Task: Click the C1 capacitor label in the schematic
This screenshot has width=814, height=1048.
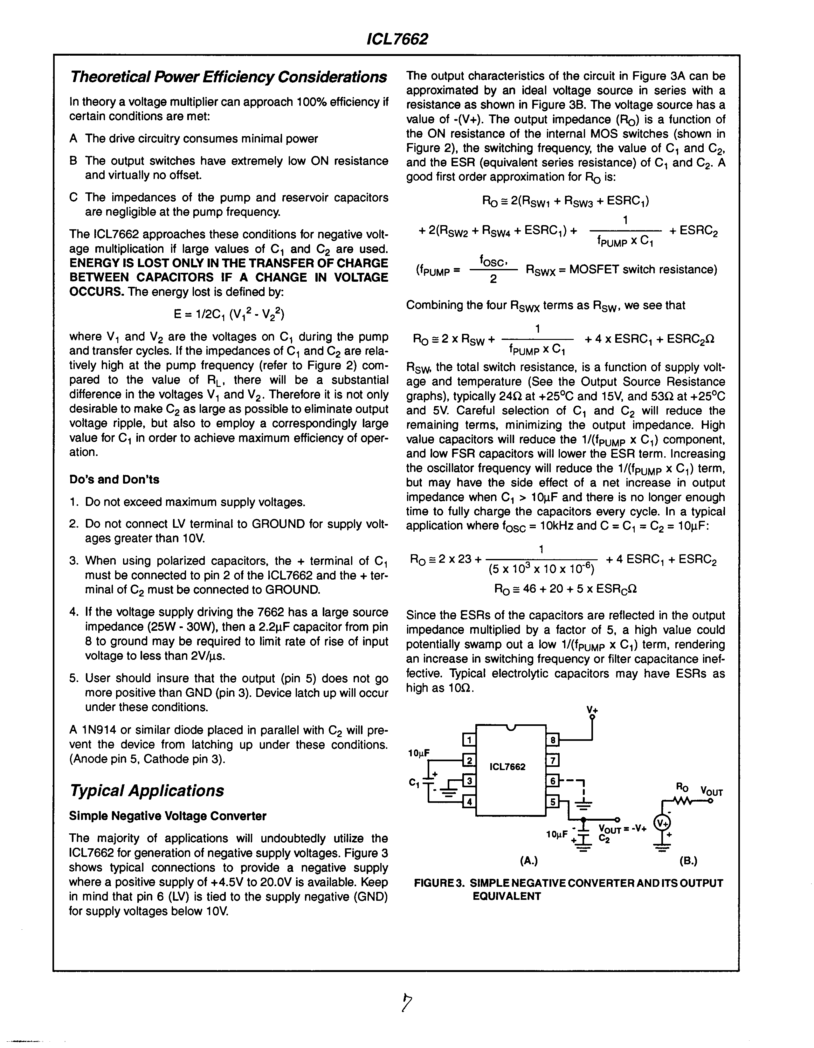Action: (x=414, y=783)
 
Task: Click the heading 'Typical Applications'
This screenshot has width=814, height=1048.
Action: (x=147, y=790)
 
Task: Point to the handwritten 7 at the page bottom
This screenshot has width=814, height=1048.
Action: (x=408, y=1003)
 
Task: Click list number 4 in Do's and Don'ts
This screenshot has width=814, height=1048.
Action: (x=73, y=612)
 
